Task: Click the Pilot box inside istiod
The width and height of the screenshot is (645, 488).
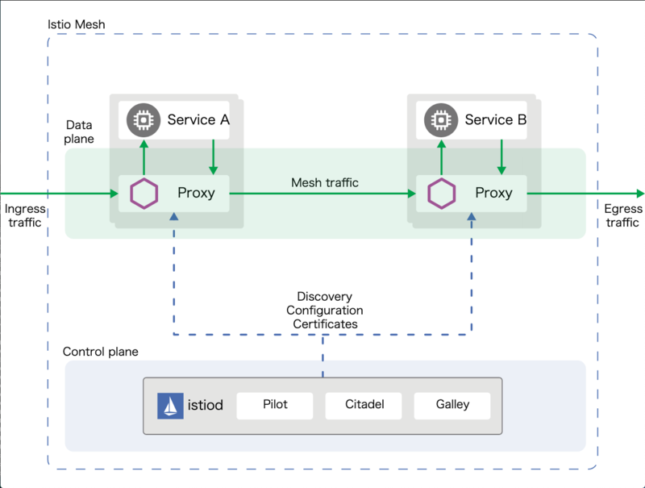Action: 275,406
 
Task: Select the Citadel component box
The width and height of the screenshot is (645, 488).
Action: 364,406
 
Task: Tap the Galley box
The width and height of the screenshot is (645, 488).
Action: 452,406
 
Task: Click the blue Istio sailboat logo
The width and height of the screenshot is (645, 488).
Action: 170,406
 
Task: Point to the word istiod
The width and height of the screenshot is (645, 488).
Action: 206,405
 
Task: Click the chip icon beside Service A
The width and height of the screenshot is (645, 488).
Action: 144,120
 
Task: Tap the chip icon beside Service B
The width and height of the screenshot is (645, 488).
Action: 441,120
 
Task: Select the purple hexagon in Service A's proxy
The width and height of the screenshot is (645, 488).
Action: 144,194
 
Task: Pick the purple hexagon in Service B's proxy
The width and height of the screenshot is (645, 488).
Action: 441,194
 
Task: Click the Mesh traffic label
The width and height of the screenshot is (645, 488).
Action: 325,182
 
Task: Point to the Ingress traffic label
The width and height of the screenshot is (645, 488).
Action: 25,215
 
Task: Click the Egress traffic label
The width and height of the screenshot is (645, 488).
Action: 622,215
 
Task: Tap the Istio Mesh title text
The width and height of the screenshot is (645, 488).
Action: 76,25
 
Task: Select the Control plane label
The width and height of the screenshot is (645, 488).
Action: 100,352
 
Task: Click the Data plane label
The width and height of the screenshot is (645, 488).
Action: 79,131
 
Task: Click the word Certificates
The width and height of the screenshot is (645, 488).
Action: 325,324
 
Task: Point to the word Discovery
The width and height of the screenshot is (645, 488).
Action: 325,297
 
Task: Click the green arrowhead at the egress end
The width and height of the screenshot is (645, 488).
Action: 640,194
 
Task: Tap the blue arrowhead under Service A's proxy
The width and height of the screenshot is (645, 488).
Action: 174,216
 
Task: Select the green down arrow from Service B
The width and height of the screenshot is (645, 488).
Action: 501,156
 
